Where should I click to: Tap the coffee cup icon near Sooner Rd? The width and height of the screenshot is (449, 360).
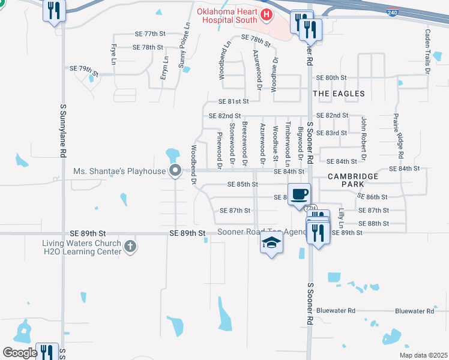coord(299,194)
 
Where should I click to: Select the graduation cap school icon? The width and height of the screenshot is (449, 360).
coord(271,243)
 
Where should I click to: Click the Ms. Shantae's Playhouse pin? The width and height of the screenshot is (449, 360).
coord(175,171)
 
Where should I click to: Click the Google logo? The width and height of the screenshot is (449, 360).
coord(19,353)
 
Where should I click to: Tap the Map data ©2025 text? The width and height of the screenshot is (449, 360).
coord(423,355)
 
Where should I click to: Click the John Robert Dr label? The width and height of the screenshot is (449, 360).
coord(363,139)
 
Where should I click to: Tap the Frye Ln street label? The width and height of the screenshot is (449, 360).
coord(112,53)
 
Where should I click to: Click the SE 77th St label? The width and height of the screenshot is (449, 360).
coord(150,34)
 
